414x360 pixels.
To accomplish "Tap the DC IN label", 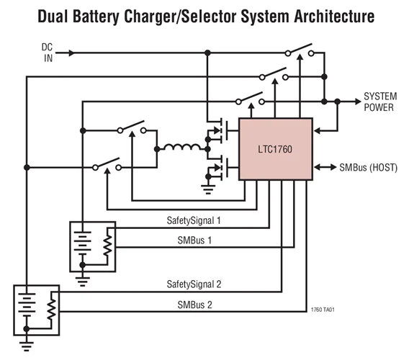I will [x=48, y=53].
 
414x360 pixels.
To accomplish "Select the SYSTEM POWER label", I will [x=379, y=102].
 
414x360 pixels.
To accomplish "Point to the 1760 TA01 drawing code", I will [x=323, y=310].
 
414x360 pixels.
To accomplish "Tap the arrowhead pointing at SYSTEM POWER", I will [x=354, y=101].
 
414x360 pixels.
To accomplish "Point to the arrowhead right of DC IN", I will [x=71, y=53].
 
